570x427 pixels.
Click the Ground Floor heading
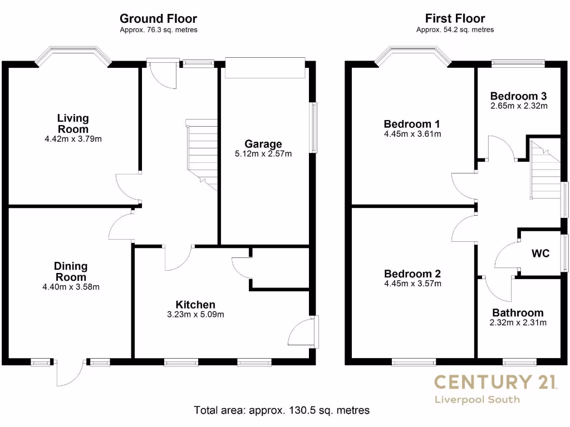[x=158, y=19]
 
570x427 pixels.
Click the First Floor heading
[x=455, y=19]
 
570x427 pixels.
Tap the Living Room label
[x=73, y=123]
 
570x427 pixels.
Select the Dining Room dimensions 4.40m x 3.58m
[x=71, y=287]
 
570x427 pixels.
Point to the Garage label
[x=264, y=145]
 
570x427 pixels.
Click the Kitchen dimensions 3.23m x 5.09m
[x=195, y=315]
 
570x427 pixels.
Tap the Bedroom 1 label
[x=408, y=124]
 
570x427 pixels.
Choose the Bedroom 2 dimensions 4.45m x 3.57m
[x=412, y=284]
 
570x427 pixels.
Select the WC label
[x=540, y=254]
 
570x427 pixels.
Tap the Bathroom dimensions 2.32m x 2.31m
[x=518, y=322]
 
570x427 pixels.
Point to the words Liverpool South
[x=478, y=399]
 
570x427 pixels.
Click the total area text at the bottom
[x=282, y=411]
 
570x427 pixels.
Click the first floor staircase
[x=545, y=170]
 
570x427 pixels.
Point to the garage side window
[x=315, y=127]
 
